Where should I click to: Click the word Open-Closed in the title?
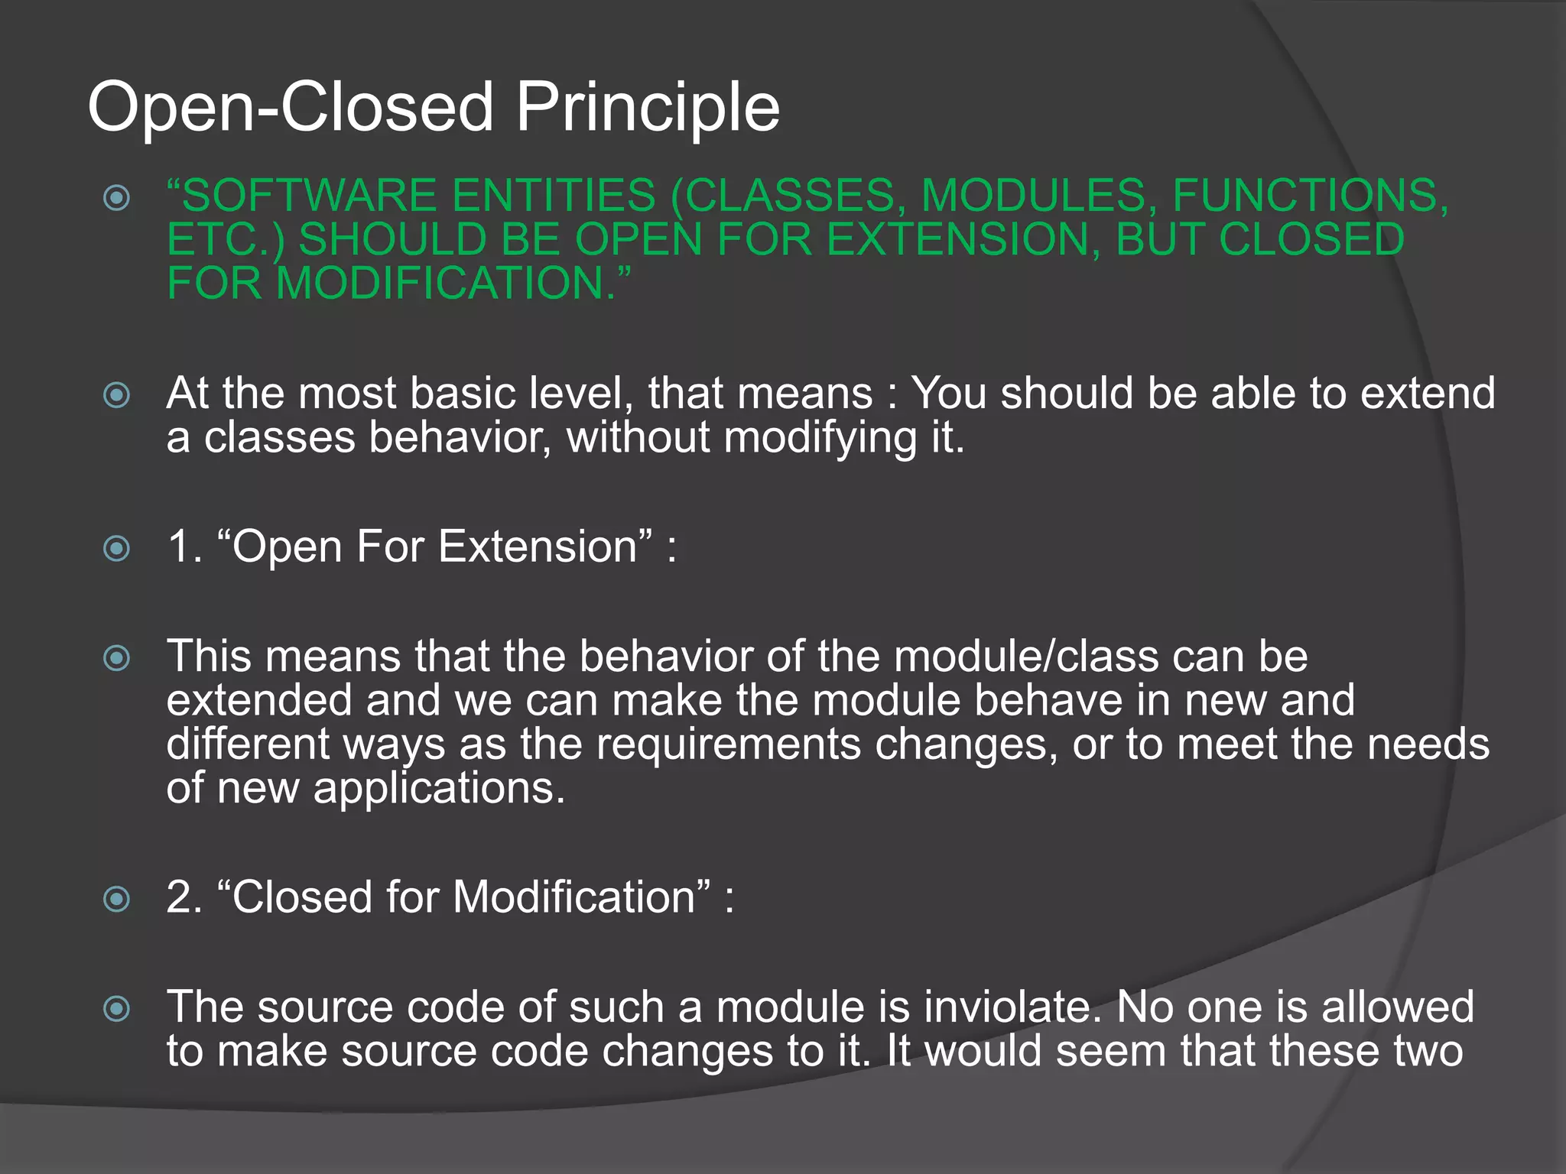[291, 107]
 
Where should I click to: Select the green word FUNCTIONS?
[1309, 196]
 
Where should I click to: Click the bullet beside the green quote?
[116, 198]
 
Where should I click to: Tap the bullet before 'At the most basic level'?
[116, 395]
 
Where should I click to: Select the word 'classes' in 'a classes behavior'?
[279, 438]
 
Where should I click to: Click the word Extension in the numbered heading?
[538, 547]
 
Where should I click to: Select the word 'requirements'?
[728, 744]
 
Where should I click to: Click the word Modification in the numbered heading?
[573, 897]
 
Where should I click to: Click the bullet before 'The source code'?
[116, 1009]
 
